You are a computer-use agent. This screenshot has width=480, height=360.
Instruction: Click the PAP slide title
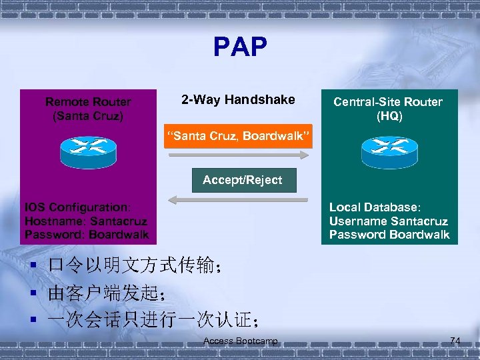(x=240, y=47)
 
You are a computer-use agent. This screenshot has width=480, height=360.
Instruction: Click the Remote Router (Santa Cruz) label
(x=88, y=109)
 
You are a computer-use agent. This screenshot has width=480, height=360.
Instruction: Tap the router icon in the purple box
(x=88, y=153)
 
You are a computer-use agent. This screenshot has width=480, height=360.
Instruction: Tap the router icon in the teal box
(x=389, y=153)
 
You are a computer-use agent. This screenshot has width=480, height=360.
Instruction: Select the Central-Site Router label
(x=388, y=102)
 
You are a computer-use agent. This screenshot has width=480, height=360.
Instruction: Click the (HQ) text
(x=389, y=116)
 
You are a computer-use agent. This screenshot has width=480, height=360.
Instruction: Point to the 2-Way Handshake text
(x=238, y=100)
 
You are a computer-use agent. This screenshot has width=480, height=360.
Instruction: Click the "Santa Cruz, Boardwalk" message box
(x=238, y=137)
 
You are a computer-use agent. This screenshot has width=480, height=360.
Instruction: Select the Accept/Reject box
(x=243, y=180)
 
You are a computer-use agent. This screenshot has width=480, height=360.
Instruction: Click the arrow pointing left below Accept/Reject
(x=238, y=199)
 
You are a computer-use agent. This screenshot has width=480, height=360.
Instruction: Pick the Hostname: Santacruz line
(x=85, y=221)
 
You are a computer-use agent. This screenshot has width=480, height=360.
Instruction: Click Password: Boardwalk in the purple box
(x=87, y=235)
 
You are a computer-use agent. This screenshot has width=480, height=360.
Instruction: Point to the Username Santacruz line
(x=389, y=221)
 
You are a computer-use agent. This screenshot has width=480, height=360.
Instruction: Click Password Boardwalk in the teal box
(x=389, y=235)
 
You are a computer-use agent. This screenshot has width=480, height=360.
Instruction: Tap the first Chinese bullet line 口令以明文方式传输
(x=133, y=266)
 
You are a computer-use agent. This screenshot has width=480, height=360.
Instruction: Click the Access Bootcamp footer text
(x=241, y=341)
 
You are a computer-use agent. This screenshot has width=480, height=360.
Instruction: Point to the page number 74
(x=455, y=341)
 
